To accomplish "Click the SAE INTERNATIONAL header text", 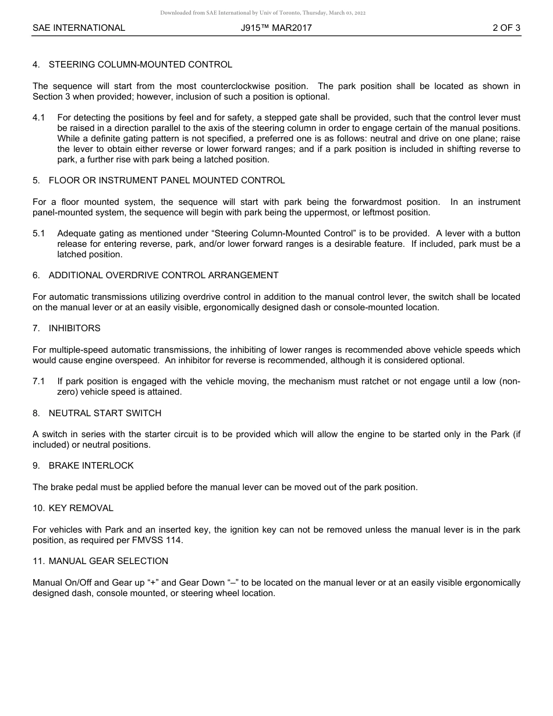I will (x=79, y=28).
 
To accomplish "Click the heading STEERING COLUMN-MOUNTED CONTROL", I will (x=140, y=65).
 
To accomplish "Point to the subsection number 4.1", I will (x=39, y=118).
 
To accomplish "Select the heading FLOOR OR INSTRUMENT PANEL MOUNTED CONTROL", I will (x=166, y=180).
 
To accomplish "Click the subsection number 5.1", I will (x=39, y=233).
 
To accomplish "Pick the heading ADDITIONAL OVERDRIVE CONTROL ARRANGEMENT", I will (x=164, y=275).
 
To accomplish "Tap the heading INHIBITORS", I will (x=75, y=328).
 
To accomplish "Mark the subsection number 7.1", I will (x=39, y=381).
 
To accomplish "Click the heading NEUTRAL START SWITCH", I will (x=105, y=413).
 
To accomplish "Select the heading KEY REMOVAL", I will (x=81, y=508).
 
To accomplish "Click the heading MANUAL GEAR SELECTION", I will (x=108, y=561).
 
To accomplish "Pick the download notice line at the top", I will (x=263, y=13).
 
